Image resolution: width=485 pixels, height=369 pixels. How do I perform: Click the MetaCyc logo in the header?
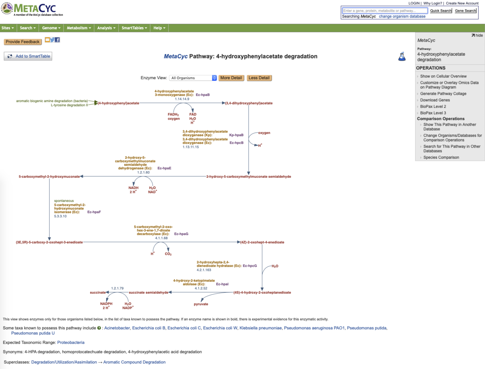pyautogui.click(x=30, y=9)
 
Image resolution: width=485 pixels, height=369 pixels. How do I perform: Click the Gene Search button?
pyautogui.click(x=466, y=11)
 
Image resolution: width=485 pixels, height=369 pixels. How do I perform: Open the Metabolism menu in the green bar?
pyautogui.click(x=79, y=28)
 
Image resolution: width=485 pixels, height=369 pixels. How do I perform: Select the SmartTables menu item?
pyautogui.click(x=134, y=28)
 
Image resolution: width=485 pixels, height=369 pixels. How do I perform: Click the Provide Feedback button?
pyautogui.click(x=23, y=42)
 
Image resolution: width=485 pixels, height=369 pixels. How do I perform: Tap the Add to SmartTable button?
pyautogui.click(x=28, y=56)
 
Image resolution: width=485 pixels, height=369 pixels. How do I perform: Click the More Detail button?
pyautogui.click(x=231, y=78)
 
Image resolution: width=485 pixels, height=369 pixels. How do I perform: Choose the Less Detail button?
pyautogui.click(x=259, y=78)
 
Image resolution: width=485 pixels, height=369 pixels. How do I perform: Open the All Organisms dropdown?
pyautogui.click(x=193, y=78)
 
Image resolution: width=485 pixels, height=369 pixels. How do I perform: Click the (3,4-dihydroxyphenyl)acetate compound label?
pyautogui.click(x=249, y=103)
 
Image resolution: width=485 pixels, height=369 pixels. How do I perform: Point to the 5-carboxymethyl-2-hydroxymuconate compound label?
pyautogui.click(x=49, y=177)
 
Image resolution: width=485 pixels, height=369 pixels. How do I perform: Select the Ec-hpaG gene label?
pyautogui.click(x=181, y=234)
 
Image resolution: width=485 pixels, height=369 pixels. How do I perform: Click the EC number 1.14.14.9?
pyautogui.click(x=182, y=99)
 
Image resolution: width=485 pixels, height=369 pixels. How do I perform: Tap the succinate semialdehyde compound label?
pyautogui.click(x=148, y=292)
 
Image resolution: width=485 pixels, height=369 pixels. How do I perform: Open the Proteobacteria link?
pyautogui.click(x=71, y=342)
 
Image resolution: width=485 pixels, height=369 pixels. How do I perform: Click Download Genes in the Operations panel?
pyautogui.click(x=435, y=100)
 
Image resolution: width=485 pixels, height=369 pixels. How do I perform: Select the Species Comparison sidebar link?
pyautogui.click(x=441, y=157)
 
